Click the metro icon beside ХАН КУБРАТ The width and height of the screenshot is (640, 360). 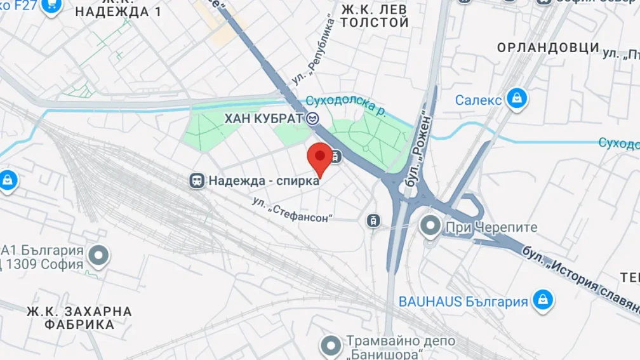tap(312, 118)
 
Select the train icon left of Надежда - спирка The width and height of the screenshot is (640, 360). tap(197, 181)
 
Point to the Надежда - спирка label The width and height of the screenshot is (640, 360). tap(263, 181)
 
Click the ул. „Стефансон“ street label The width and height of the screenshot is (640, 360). tap(293, 210)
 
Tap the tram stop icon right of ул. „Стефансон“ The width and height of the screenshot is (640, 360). tap(374, 220)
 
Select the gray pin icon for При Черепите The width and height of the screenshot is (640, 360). tap(431, 225)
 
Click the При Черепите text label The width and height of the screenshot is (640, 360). tap(491, 227)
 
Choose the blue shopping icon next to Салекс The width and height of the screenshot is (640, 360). tap(517, 99)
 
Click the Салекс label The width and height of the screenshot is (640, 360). tap(478, 100)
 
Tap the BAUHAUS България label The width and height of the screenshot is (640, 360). tap(463, 302)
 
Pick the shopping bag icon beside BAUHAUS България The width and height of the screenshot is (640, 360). tap(543, 300)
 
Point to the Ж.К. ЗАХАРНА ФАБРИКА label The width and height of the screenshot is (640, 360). tap(79, 318)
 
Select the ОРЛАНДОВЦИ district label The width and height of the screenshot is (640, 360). tap(548, 48)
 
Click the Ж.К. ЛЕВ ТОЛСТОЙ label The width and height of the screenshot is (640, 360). tap(374, 16)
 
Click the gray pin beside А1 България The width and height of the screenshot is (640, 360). tap(98, 256)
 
